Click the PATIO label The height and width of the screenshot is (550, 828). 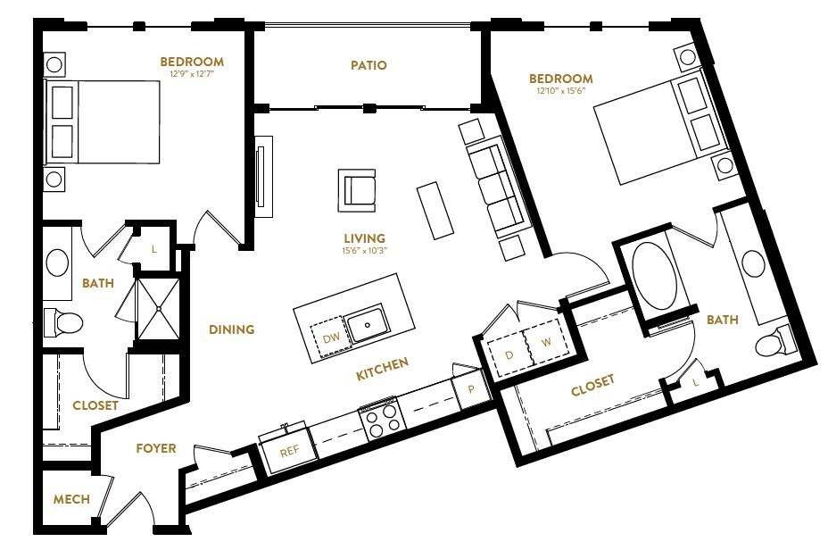click(x=368, y=65)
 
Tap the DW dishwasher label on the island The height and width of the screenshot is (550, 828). click(x=331, y=338)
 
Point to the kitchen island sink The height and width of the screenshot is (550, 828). click(x=368, y=323)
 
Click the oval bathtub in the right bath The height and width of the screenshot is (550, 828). click(x=654, y=276)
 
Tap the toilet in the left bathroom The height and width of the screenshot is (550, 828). click(x=64, y=323)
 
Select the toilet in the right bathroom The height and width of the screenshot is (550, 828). click(x=774, y=342)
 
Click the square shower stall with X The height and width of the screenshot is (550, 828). click(x=159, y=309)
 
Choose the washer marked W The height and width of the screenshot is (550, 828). click(x=545, y=342)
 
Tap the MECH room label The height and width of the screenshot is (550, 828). click(x=71, y=499)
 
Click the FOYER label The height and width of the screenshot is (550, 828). click(x=156, y=448)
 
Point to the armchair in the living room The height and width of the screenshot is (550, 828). click(x=357, y=190)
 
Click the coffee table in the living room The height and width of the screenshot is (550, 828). click(x=435, y=211)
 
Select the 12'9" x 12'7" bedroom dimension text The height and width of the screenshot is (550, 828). click(x=192, y=74)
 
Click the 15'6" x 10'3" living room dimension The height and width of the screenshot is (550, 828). click(x=364, y=251)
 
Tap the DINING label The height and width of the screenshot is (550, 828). click(x=231, y=329)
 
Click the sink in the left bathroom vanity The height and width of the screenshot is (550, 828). click(x=57, y=262)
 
